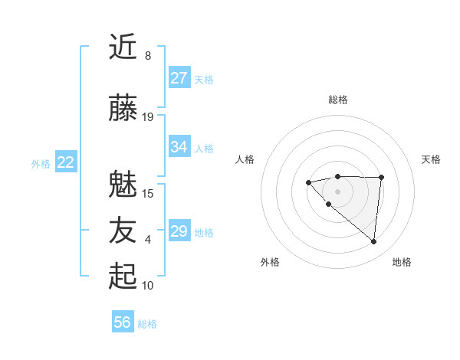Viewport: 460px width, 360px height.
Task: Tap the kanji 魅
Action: (123, 184)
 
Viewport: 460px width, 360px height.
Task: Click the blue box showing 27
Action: (179, 78)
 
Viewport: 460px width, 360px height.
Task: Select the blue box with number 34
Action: (179, 147)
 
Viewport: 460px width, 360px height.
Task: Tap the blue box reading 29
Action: (179, 231)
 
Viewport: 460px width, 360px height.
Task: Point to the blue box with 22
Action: (66, 162)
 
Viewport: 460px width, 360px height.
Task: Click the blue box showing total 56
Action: (123, 322)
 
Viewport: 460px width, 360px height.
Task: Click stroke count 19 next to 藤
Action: (148, 116)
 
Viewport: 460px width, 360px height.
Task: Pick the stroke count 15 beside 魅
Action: (148, 193)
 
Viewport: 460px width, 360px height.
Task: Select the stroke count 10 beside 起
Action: (148, 285)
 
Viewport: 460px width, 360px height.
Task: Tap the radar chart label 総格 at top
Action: (338, 100)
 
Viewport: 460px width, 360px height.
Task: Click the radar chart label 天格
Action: (432, 159)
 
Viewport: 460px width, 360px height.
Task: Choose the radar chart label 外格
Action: (270, 262)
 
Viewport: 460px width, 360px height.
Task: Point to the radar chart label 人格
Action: (245, 159)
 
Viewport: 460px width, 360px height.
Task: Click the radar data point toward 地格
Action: (374, 242)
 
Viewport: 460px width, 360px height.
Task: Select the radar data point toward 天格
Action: (382, 177)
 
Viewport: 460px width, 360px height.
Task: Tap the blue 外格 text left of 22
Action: (41, 163)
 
